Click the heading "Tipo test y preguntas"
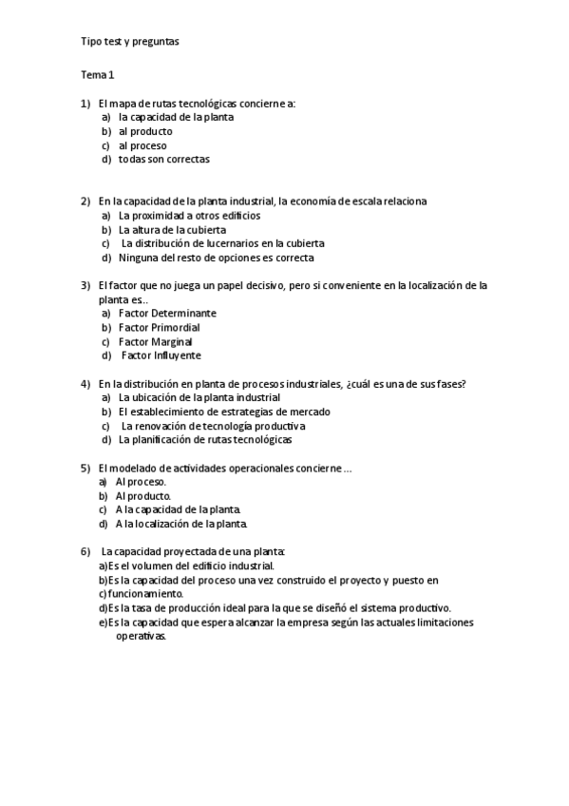(x=129, y=42)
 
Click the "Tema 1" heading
(x=97, y=73)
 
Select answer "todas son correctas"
(x=163, y=160)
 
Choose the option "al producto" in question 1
(x=145, y=131)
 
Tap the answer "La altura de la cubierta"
(x=172, y=229)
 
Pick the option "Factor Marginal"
(x=155, y=341)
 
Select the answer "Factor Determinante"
(x=167, y=313)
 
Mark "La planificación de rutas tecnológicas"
(x=204, y=439)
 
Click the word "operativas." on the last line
(x=141, y=637)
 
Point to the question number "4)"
(x=85, y=383)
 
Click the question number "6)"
(x=85, y=551)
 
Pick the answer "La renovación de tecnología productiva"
(x=213, y=426)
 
